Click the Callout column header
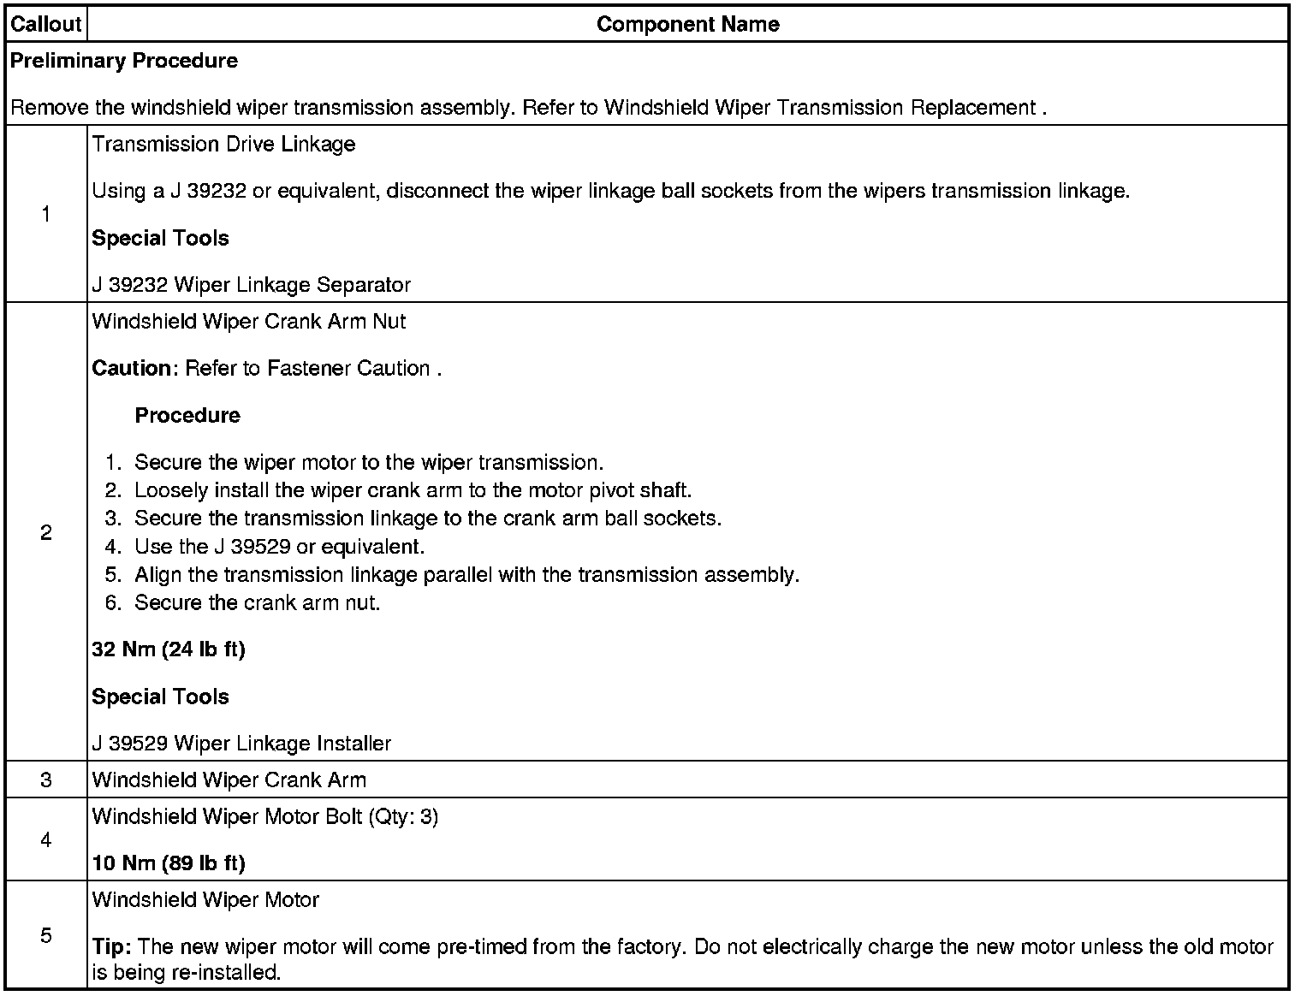46,24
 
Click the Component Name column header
687,24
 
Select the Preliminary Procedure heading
124,61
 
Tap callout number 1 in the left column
46,215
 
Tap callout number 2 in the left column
46,533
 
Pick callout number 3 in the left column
46,780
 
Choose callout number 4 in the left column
46,840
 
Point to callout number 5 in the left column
46,935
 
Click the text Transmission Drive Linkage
223,144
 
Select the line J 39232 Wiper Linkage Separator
251,285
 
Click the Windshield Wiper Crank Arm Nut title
248,322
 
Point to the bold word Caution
132,369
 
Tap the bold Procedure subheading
187,416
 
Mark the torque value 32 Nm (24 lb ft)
169,650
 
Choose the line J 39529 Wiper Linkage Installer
241,744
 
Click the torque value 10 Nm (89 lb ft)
169,863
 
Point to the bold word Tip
110,947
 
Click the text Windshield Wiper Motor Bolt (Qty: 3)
264,817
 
